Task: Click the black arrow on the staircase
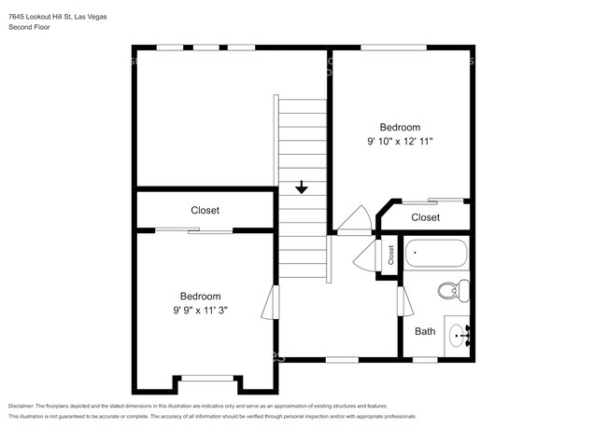301,188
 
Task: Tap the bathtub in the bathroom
436,255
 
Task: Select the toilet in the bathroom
451,291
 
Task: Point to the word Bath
425,331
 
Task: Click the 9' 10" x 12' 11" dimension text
399,142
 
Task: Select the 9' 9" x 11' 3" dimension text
200,311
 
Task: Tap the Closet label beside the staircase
205,211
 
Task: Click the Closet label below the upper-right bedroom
425,217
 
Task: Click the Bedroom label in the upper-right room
399,127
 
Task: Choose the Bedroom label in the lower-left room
200,296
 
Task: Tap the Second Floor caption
29,27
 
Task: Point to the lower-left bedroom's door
271,303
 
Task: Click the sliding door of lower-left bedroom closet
192,229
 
